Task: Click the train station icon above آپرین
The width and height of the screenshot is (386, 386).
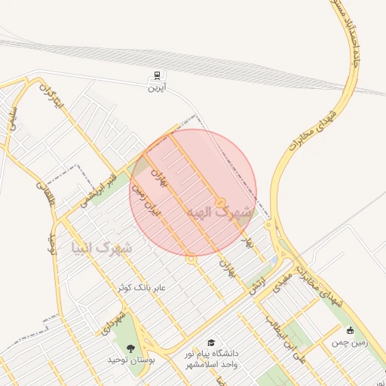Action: pos(156,76)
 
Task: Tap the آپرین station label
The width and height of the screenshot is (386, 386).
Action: pos(156,88)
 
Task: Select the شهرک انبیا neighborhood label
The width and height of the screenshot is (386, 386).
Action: pos(101,247)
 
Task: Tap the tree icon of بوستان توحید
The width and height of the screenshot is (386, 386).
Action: pos(131,348)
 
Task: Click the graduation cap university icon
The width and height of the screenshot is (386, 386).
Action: pos(210,343)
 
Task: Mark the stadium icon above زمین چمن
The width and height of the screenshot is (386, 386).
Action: pos(349,330)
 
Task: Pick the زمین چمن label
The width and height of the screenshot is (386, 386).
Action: pos(348,342)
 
